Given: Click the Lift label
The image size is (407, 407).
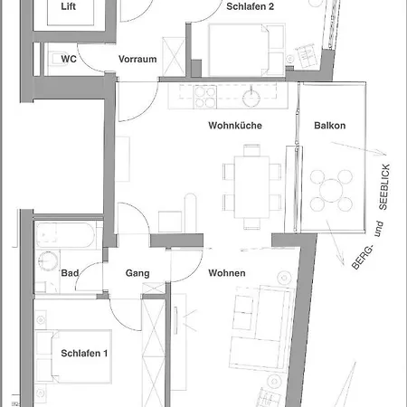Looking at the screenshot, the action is point(68,6).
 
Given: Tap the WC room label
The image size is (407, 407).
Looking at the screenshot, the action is point(69,59).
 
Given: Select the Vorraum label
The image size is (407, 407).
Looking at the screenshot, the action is point(137,59).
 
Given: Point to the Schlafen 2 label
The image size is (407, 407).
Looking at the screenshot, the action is point(251,6).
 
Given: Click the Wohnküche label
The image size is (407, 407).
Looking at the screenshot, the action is point(235,126).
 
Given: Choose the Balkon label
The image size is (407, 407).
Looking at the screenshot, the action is point(330,126).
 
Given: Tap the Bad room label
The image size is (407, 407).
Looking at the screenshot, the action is point(70,273).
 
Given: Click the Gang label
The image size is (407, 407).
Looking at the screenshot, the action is point(137,273).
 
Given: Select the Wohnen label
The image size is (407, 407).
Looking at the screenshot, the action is point(227,273).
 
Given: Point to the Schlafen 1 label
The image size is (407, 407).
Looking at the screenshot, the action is point(84,354).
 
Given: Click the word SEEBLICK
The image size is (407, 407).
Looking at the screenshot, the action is point(384,187).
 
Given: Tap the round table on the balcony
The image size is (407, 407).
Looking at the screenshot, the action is point(331,191).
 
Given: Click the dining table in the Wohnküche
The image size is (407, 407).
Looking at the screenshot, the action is point(251,186).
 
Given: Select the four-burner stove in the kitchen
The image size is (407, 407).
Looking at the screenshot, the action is point(205,97).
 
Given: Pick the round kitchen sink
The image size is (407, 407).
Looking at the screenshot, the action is point(251,98).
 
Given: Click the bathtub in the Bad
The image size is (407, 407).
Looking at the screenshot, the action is point(66,235).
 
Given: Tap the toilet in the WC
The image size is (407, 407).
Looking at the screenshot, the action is point(56,59).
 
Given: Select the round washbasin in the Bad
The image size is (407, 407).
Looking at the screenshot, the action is point(48,260).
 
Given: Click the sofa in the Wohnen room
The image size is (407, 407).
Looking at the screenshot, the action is point(261,328).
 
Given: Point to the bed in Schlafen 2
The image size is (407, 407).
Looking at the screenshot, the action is point(247,50).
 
